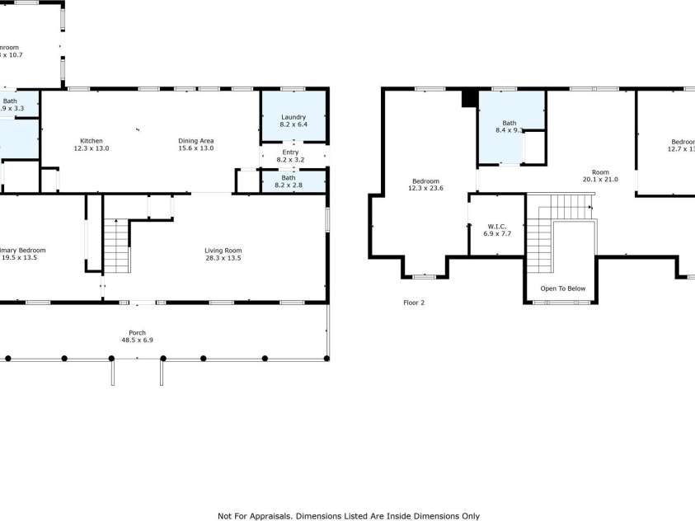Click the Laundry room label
point(293,117)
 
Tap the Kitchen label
point(92,140)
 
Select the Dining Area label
point(195,140)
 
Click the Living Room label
point(223,250)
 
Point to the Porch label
point(137,332)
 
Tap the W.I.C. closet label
point(495,226)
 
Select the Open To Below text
point(562,289)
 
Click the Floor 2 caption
point(414,303)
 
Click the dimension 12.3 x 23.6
point(426,189)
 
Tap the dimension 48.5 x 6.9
point(137,340)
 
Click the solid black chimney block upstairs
point(469,98)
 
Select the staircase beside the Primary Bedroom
point(116,246)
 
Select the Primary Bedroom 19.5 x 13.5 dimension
point(20,258)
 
